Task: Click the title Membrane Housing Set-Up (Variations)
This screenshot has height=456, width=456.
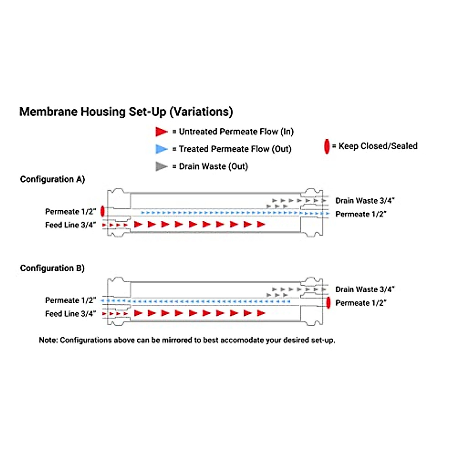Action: (x=126, y=112)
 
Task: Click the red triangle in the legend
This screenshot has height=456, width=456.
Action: (x=161, y=131)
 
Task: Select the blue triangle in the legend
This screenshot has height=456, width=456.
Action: (x=161, y=149)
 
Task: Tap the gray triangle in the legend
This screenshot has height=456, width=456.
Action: (x=161, y=166)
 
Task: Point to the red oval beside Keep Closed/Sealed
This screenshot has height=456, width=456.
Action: (x=326, y=146)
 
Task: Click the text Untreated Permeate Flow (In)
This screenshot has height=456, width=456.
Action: (x=236, y=131)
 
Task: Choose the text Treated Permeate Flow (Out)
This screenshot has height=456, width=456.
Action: (x=235, y=149)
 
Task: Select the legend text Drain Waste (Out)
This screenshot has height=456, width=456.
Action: (x=213, y=166)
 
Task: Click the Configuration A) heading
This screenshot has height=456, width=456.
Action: (x=52, y=179)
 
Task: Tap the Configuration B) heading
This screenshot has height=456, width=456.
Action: (x=52, y=268)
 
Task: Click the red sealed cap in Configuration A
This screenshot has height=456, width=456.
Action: (x=102, y=211)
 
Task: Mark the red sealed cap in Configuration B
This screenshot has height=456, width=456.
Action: (x=328, y=303)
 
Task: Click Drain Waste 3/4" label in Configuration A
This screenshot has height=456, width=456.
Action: (x=365, y=201)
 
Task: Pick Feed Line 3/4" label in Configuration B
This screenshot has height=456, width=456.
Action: (x=70, y=314)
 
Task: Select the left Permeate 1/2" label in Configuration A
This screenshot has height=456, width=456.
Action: (x=70, y=212)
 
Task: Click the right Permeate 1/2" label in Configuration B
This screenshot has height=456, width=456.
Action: (x=361, y=303)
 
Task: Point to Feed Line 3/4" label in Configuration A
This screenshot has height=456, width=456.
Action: (x=70, y=225)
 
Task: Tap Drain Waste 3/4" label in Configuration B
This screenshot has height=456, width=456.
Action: (x=365, y=290)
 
